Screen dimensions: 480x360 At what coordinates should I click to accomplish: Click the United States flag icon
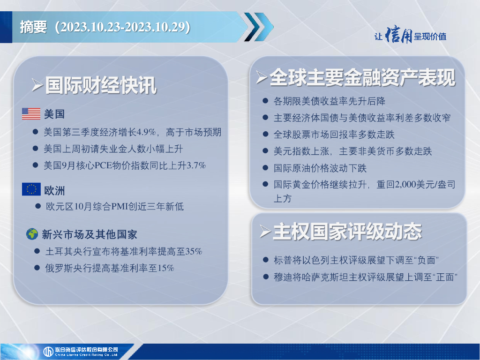point(31,114)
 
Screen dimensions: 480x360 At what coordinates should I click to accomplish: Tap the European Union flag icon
point(31,189)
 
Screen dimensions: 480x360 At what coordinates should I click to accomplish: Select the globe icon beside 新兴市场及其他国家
point(32,234)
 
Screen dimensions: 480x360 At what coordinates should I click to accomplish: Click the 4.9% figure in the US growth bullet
point(146,132)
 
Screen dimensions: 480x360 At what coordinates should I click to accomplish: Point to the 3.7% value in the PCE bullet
point(196,165)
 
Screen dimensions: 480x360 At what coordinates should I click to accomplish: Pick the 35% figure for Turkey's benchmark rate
point(194,252)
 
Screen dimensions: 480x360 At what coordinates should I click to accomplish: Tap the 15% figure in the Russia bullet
point(165,268)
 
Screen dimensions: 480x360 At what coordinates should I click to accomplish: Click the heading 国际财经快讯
point(101,85)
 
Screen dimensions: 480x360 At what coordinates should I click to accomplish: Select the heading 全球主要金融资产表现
point(362,77)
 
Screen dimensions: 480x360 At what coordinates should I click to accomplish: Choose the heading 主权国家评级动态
point(347,232)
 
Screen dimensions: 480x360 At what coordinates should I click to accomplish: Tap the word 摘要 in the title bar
point(33,27)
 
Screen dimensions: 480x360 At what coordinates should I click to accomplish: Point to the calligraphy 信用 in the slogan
point(398,35)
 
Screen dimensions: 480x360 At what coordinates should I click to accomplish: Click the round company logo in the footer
point(48,352)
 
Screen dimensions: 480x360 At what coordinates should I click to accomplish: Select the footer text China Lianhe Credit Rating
point(86,355)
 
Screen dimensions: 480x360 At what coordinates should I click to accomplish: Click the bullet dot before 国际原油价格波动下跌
point(265,167)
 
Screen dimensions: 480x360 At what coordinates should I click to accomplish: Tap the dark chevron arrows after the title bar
point(259,27)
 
